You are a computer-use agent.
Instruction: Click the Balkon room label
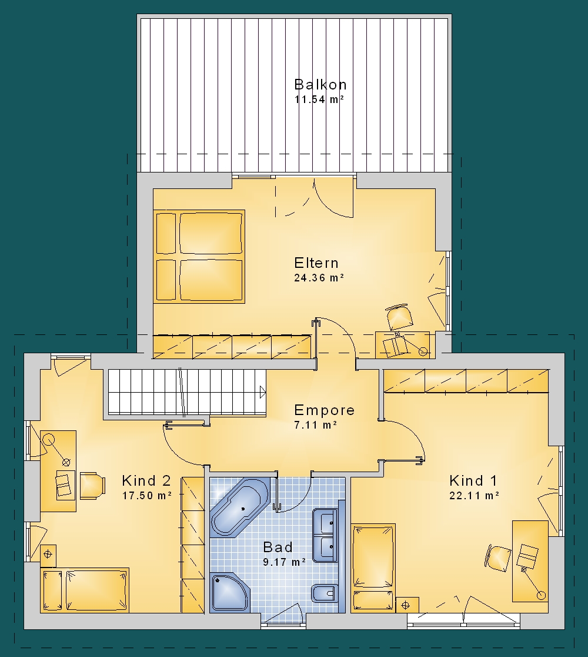[320, 85]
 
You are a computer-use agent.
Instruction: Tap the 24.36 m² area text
[319, 278]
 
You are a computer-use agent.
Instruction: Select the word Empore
[325, 410]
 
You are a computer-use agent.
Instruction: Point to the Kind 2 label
[146, 480]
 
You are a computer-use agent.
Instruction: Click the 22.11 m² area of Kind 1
[474, 496]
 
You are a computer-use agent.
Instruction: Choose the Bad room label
[278, 547]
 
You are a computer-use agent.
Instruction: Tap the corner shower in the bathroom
[230, 592]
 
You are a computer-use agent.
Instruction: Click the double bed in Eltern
[199, 257]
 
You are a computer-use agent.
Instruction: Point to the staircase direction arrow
[263, 393]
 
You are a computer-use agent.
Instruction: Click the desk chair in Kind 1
[499, 558]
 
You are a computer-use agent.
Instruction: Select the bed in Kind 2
[85, 590]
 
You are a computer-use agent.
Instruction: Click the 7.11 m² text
[316, 425]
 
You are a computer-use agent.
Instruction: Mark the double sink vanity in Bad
[325, 535]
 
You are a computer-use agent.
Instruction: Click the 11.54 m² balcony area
[319, 99]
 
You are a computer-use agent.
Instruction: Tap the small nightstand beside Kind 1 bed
[407, 605]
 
